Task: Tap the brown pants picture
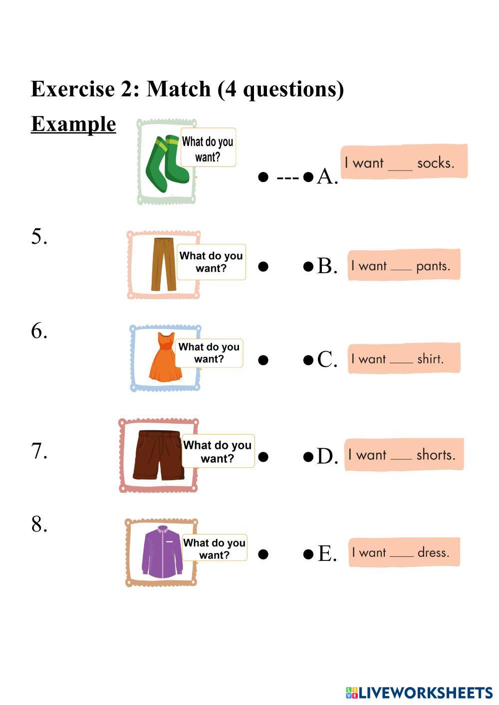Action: point(164,264)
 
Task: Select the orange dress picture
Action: point(165,357)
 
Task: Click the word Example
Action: point(73,124)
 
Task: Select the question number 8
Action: point(39,524)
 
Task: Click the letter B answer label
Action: point(327,266)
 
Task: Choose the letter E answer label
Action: point(327,553)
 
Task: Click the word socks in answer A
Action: point(435,163)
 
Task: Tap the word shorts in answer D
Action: point(436,455)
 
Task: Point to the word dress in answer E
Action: point(433,552)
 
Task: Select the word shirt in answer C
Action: point(430,359)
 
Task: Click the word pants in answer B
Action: point(433,266)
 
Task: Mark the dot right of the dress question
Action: point(263,360)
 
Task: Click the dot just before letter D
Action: point(308,456)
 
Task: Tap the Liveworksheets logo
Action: point(419,692)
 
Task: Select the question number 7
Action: point(39,451)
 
